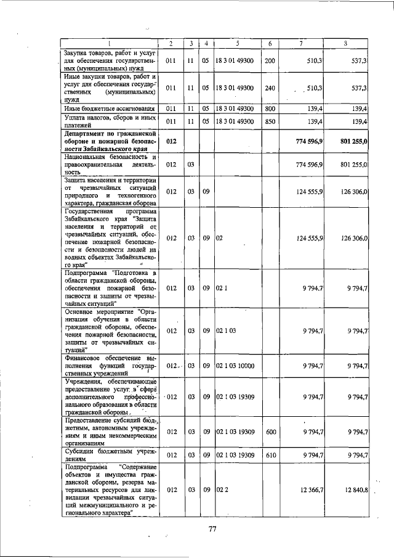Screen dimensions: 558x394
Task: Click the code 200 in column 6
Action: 269,61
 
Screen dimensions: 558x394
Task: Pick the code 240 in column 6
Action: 269,88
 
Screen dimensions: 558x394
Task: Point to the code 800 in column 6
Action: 269,109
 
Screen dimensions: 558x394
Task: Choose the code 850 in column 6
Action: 269,121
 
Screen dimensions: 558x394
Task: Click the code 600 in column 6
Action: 269,432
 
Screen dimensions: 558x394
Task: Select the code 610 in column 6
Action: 269,455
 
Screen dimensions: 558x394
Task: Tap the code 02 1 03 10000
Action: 236,366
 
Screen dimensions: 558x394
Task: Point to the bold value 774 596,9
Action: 310,141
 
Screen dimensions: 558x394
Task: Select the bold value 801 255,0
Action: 354,141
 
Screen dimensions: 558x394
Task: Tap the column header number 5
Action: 237,43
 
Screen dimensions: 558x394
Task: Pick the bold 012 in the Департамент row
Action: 172,141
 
